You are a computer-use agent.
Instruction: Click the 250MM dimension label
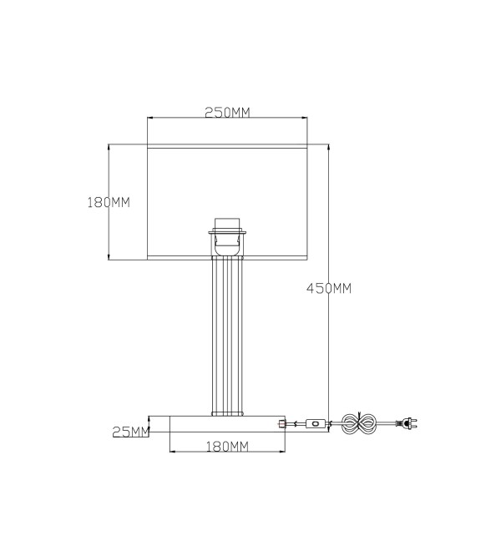227,113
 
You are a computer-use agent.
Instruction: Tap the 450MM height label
329,289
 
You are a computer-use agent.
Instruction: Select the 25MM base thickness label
131,432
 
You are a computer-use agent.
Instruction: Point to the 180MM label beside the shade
109,202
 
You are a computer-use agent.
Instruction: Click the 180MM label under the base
227,447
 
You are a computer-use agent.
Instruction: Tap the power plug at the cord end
407,423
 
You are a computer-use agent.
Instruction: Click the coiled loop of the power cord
359,423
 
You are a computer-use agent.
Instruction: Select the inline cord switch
315,423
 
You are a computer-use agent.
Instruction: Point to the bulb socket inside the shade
227,237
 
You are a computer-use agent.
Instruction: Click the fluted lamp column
227,336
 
